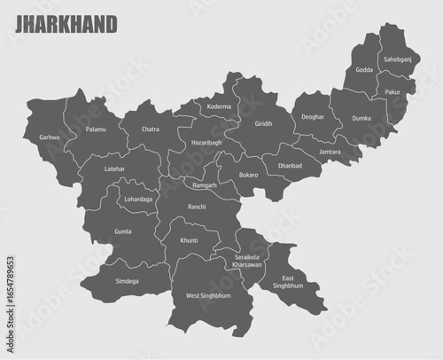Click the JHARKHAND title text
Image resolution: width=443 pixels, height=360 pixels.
click(x=65, y=24)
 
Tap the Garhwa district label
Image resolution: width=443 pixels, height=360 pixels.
click(x=49, y=137)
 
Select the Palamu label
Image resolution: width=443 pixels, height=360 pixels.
click(x=96, y=129)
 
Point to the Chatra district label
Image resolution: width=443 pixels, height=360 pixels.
click(x=151, y=129)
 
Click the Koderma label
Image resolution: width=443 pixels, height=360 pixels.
click(x=218, y=106)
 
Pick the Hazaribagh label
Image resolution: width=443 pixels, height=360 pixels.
click(x=206, y=142)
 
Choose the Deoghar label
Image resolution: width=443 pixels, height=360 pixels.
click(x=313, y=117)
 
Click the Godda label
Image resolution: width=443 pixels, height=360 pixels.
click(x=364, y=69)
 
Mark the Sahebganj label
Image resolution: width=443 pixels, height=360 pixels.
click(x=396, y=59)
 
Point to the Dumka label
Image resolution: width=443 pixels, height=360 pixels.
click(x=361, y=118)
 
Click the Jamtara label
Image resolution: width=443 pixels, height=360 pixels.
click(x=330, y=152)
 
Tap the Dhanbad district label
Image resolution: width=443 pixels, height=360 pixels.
click(x=290, y=165)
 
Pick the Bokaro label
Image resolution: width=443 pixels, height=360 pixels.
click(x=248, y=175)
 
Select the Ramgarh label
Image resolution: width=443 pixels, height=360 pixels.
click(x=205, y=184)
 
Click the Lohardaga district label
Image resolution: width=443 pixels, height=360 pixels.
click(x=138, y=199)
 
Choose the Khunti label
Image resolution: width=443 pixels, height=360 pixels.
click(x=189, y=240)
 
